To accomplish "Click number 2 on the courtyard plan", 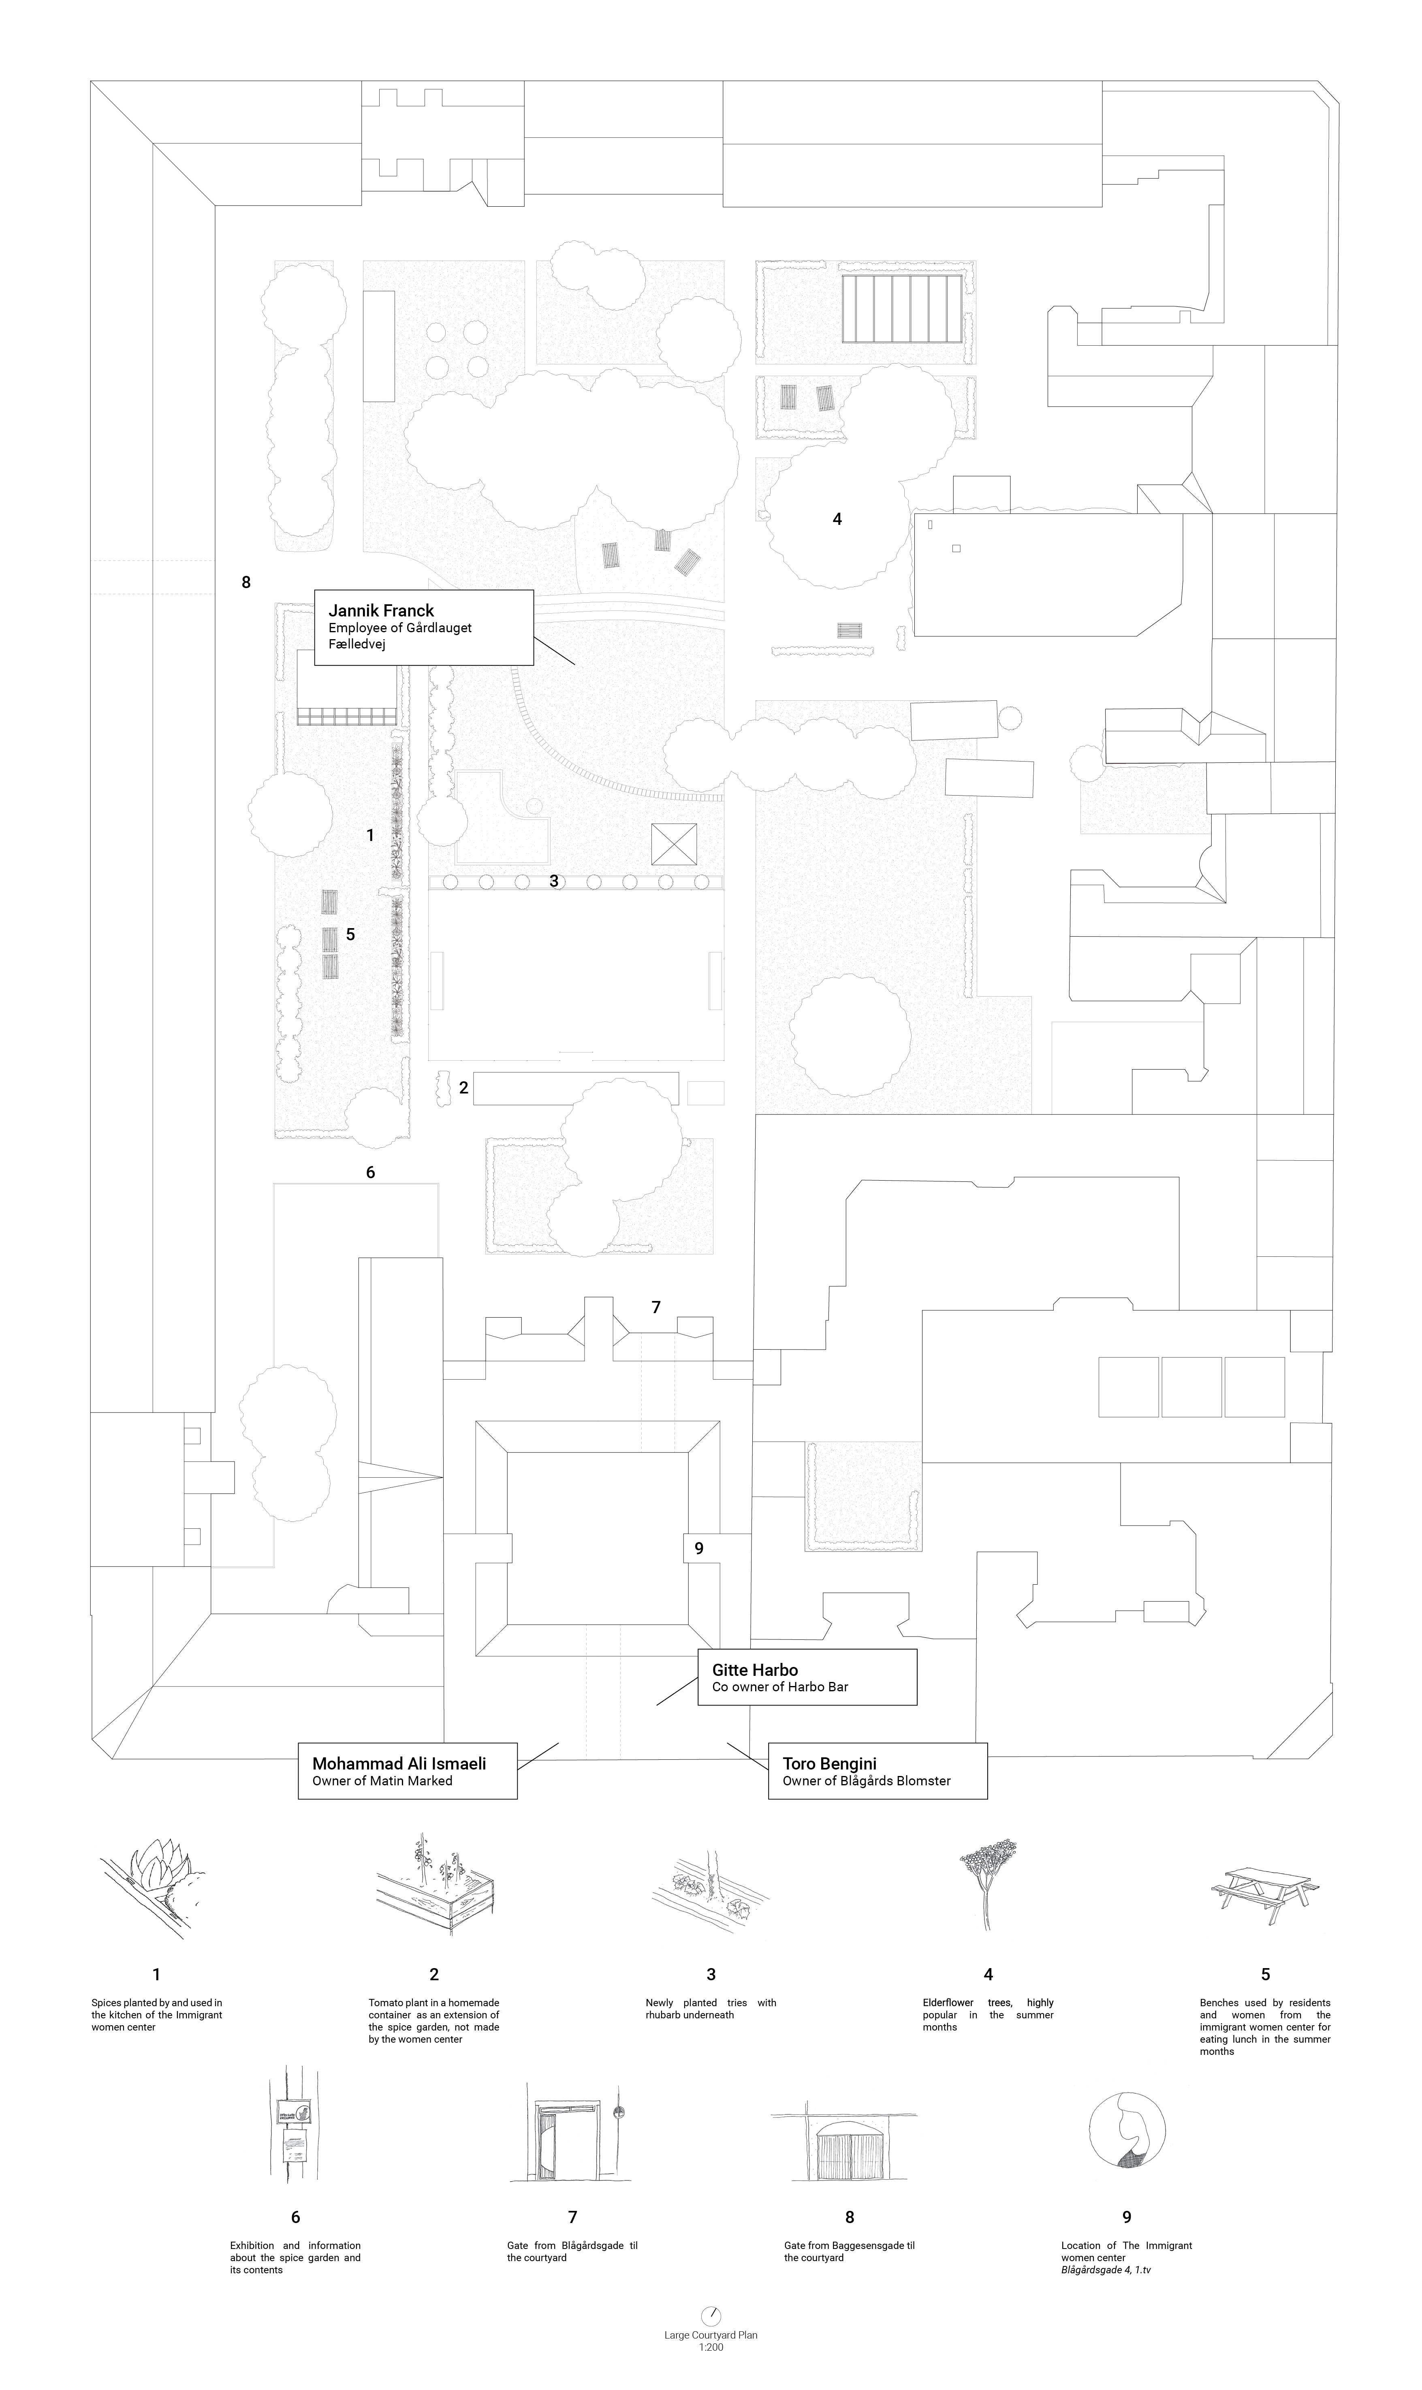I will point(464,1088).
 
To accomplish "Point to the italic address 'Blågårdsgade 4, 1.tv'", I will point(1106,2270).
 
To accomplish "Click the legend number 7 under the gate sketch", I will point(572,2217).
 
